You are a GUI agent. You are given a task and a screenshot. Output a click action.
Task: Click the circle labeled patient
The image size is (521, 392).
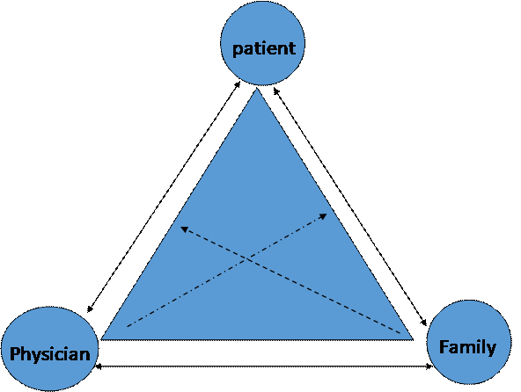(x=263, y=45)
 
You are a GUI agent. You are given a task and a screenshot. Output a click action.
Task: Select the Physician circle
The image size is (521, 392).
(x=49, y=349)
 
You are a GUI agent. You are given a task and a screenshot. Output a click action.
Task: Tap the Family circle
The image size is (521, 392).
(x=467, y=343)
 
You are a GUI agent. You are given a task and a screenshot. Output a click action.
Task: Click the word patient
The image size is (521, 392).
(x=263, y=47)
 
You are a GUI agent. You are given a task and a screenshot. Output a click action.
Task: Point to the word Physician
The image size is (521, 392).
(x=49, y=354)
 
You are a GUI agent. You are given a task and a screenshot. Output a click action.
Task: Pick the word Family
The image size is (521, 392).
(x=467, y=346)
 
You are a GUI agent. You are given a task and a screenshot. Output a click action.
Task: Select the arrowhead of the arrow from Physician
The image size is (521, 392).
(x=325, y=214)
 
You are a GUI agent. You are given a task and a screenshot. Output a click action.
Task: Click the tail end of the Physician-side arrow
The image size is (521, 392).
(x=128, y=326)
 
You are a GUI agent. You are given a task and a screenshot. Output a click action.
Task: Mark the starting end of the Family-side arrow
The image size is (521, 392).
(x=401, y=333)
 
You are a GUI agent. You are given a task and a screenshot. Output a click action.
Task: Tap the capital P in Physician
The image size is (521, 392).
(x=15, y=354)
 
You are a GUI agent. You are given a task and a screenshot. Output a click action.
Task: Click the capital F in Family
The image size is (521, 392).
(x=444, y=346)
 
